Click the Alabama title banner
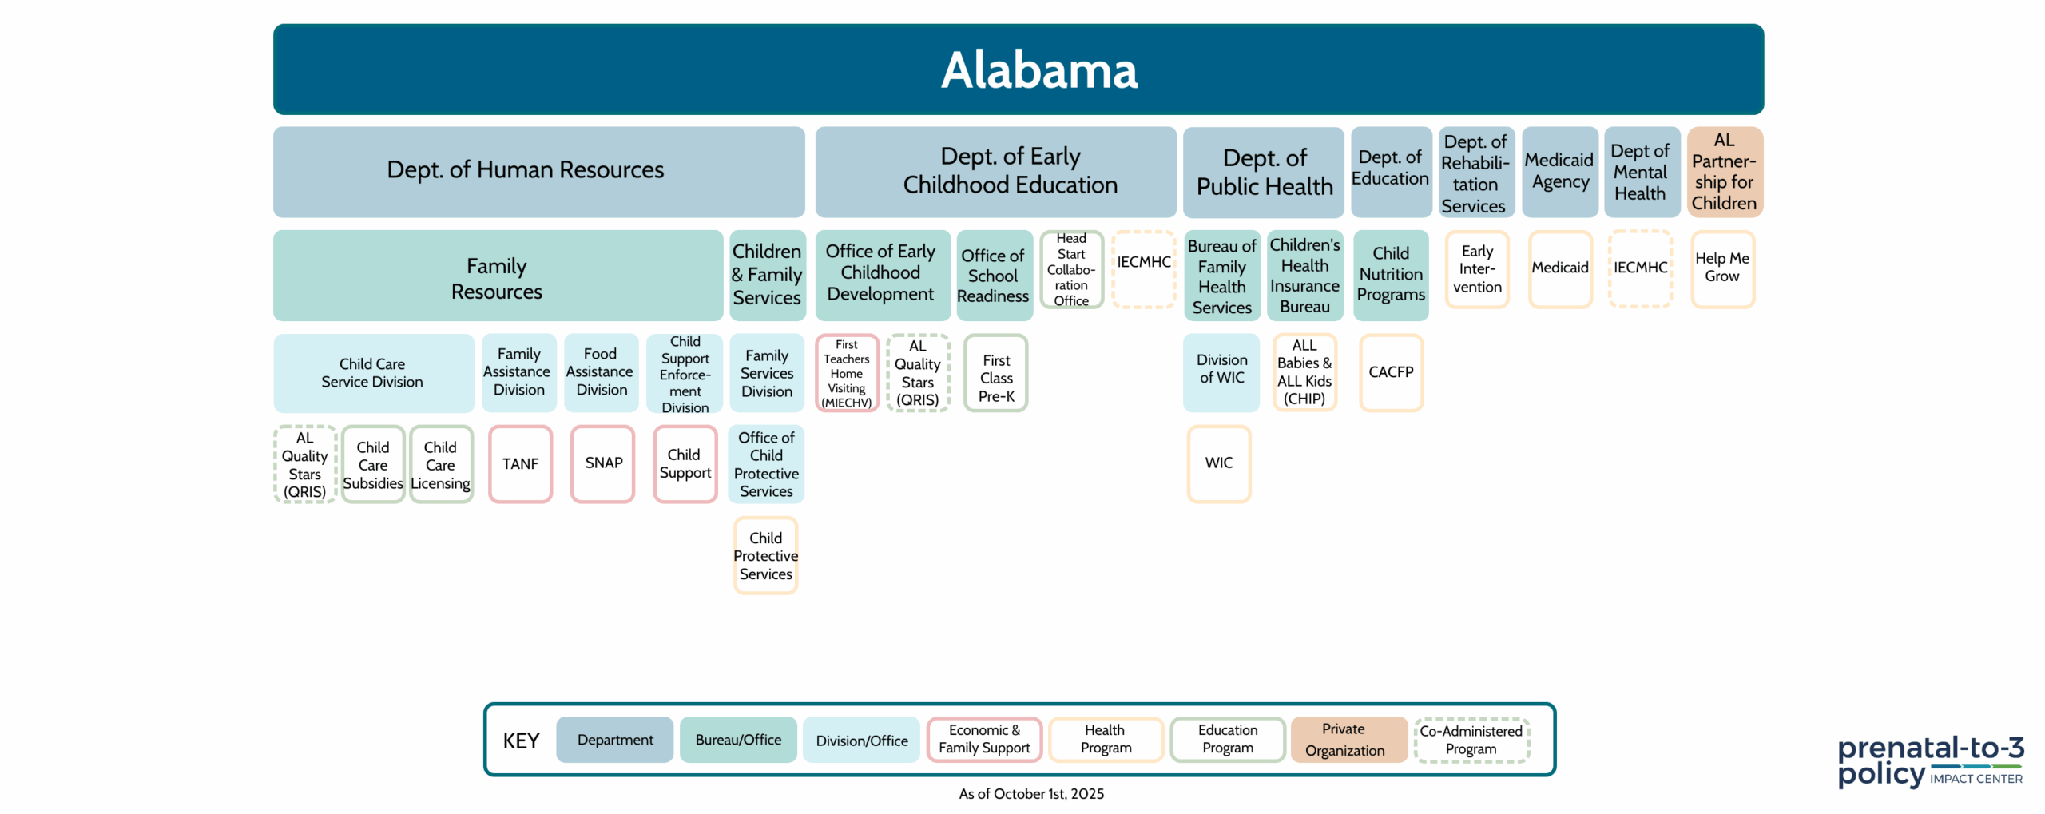click(x=1019, y=69)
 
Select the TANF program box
click(x=520, y=464)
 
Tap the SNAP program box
click(x=603, y=463)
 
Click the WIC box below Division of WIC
click(x=1218, y=463)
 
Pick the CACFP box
click(x=1391, y=372)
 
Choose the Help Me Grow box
click(x=1722, y=269)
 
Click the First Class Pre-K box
click(x=996, y=372)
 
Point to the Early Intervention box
click(x=1477, y=269)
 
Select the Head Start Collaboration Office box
click(x=1071, y=269)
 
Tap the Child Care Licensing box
click(x=441, y=464)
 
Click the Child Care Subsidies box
click(x=373, y=464)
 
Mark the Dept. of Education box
click(x=1391, y=172)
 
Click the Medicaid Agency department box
click(x=1560, y=172)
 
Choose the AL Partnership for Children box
click(x=1725, y=172)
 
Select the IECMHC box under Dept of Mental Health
click(x=1640, y=269)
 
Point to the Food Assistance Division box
click(x=601, y=372)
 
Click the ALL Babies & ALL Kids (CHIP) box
click(x=1304, y=372)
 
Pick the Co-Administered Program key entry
click(x=1471, y=740)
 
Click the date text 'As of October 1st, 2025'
click(x=1031, y=793)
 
